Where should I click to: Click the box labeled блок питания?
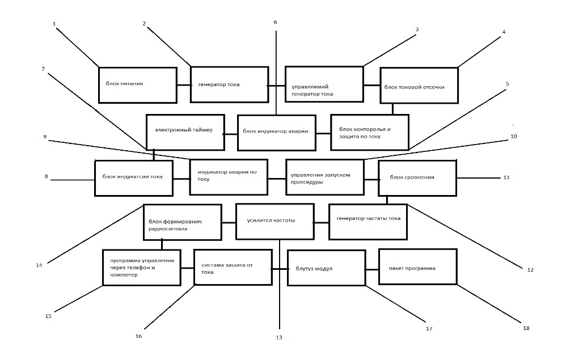138,85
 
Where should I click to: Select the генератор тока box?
230,84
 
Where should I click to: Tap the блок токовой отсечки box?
419,86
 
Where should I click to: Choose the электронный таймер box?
185,132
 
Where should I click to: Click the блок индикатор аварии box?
277,133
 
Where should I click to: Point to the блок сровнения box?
417,178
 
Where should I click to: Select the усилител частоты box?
275,222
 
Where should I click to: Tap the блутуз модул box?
327,268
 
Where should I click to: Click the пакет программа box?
418,267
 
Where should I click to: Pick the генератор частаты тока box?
368,222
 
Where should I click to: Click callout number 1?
54,24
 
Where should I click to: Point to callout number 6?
275,22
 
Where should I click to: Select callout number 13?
279,337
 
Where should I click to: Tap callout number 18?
526,328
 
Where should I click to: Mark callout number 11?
506,177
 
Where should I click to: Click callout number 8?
46,176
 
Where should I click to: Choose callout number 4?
504,32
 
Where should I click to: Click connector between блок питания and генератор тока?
184,85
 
